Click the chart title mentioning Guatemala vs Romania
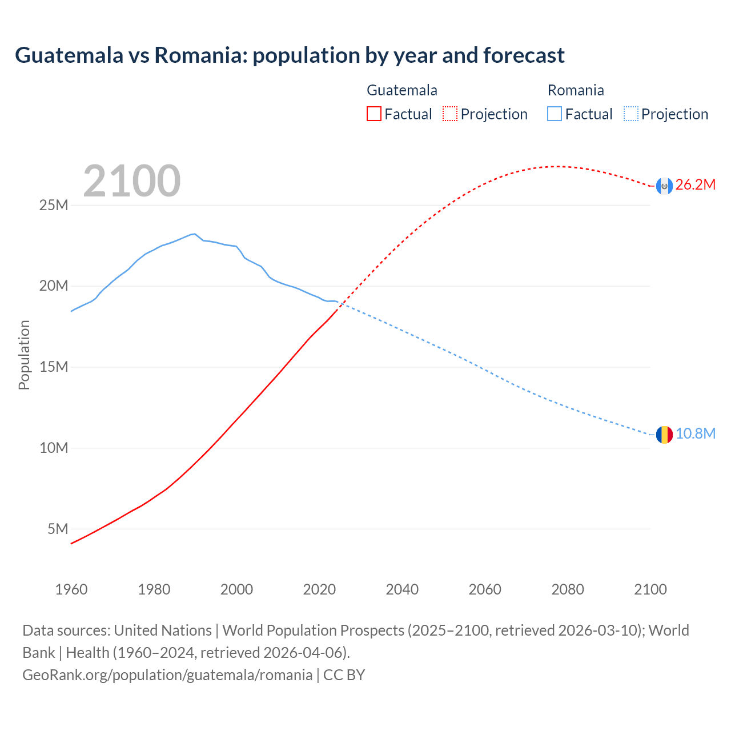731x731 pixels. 290,55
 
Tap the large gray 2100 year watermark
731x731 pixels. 132,181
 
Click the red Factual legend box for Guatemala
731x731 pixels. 373,114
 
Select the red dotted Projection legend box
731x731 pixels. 450,114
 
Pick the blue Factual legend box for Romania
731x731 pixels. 555,114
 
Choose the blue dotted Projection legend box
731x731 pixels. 631,114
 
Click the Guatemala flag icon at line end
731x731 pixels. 664,186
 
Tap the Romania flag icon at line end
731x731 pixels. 664,435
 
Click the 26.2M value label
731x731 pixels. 695,184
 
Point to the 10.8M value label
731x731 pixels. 695,433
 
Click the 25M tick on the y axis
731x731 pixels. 54,205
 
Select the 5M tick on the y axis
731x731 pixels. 58,529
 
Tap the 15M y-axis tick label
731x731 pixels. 54,367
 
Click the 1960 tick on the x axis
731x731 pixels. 71,589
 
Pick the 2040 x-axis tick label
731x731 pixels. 402,589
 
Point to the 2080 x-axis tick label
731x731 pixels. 568,589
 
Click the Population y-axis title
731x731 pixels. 24,355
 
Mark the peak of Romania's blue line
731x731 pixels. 195,234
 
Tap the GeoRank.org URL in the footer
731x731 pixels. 167,675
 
